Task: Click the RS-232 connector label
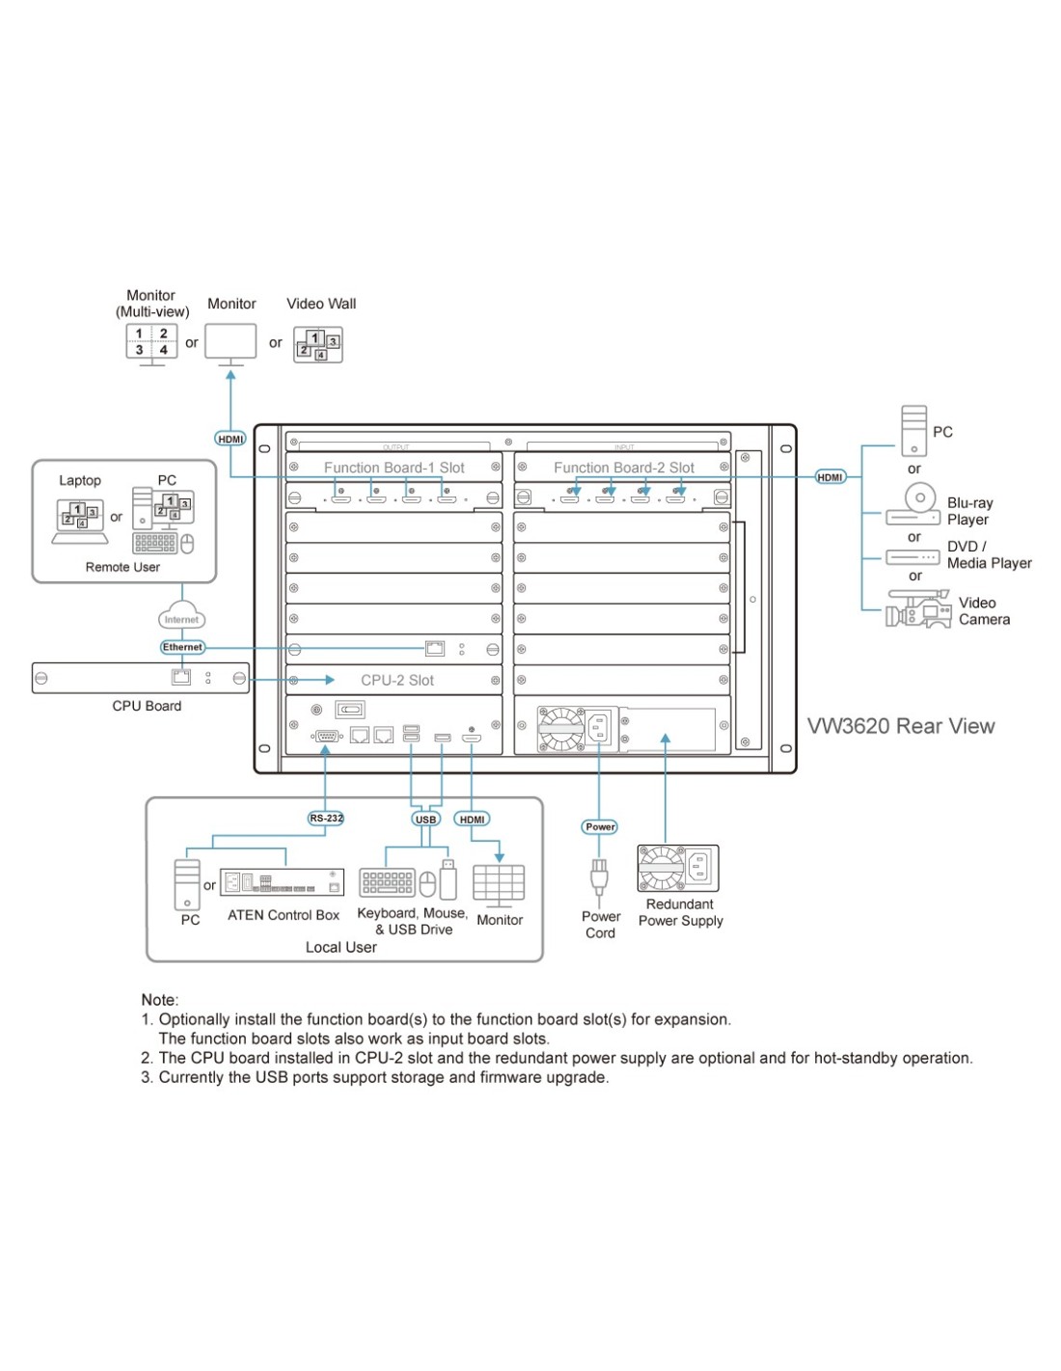pyautogui.click(x=326, y=819)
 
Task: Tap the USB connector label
pyautogui.click(x=425, y=820)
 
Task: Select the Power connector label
pyautogui.click(x=600, y=827)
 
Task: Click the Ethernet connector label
pyautogui.click(x=182, y=648)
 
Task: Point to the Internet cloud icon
pyautogui.click(x=181, y=618)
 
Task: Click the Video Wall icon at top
pyautogui.click(x=318, y=345)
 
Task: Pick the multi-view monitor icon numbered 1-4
pyautogui.click(x=151, y=343)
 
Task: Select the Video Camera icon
pyautogui.click(x=918, y=611)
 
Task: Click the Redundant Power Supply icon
pyautogui.click(x=678, y=868)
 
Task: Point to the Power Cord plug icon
pyautogui.click(x=599, y=877)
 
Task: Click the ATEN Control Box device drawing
pyautogui.click(x=282, y=882)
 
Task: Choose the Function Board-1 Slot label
pyautogui.click(x=394, y=468)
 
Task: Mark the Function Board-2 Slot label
pyautogui.click(x=623, y=468)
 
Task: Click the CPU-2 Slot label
pyautogui.click(x=397, y=681)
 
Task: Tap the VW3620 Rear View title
pyautogui.click(x=901, y=727)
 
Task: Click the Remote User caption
pyautogui.click(x=122, y=567)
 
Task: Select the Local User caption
pyautogui.click(x=340, y=948)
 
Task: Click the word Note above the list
pyautogui.click(x=159, y=1000)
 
